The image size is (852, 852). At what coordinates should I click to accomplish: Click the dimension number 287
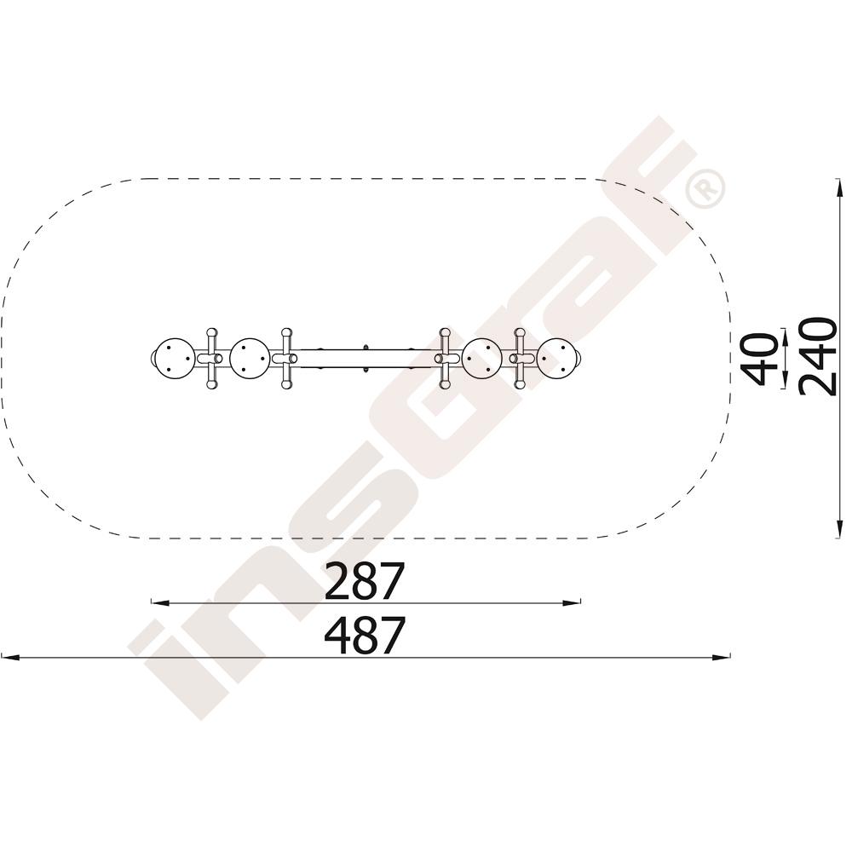click(365, 581)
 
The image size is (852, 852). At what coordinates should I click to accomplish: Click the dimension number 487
click(365, 635)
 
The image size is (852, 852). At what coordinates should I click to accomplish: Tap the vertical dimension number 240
click(818, 356)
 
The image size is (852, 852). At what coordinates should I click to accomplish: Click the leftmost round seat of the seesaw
click(175, 359)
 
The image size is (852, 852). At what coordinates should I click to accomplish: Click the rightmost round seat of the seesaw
click(556, 359)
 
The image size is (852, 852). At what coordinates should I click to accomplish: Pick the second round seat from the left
click(250, 359)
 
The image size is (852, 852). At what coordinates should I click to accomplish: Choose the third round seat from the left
click(482, 359)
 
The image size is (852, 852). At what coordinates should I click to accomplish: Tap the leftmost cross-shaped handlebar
click(211, 359)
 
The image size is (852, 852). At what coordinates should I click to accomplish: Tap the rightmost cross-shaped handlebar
click(520, 359)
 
